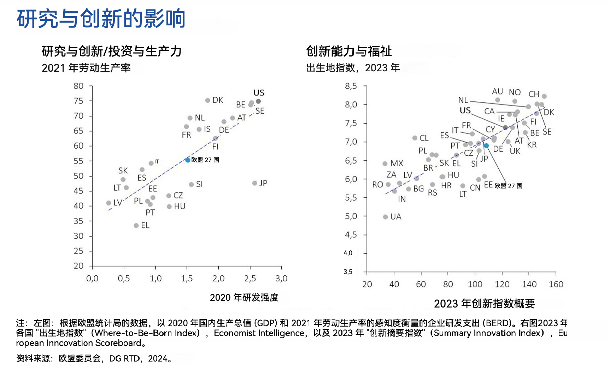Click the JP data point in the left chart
254,183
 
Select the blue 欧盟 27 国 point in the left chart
188,160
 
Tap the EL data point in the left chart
136,225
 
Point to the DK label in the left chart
218,100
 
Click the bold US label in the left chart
259,93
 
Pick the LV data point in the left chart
108,203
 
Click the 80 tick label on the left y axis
78,86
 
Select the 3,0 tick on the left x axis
281,279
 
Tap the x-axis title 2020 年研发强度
244,298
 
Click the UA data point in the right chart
385,217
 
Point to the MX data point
385,163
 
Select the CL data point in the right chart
415,138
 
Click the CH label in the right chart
534,94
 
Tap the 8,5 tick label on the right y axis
351,86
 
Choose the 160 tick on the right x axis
556,284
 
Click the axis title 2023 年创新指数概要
484,304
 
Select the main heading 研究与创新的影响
101,18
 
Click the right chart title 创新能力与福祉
349,51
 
